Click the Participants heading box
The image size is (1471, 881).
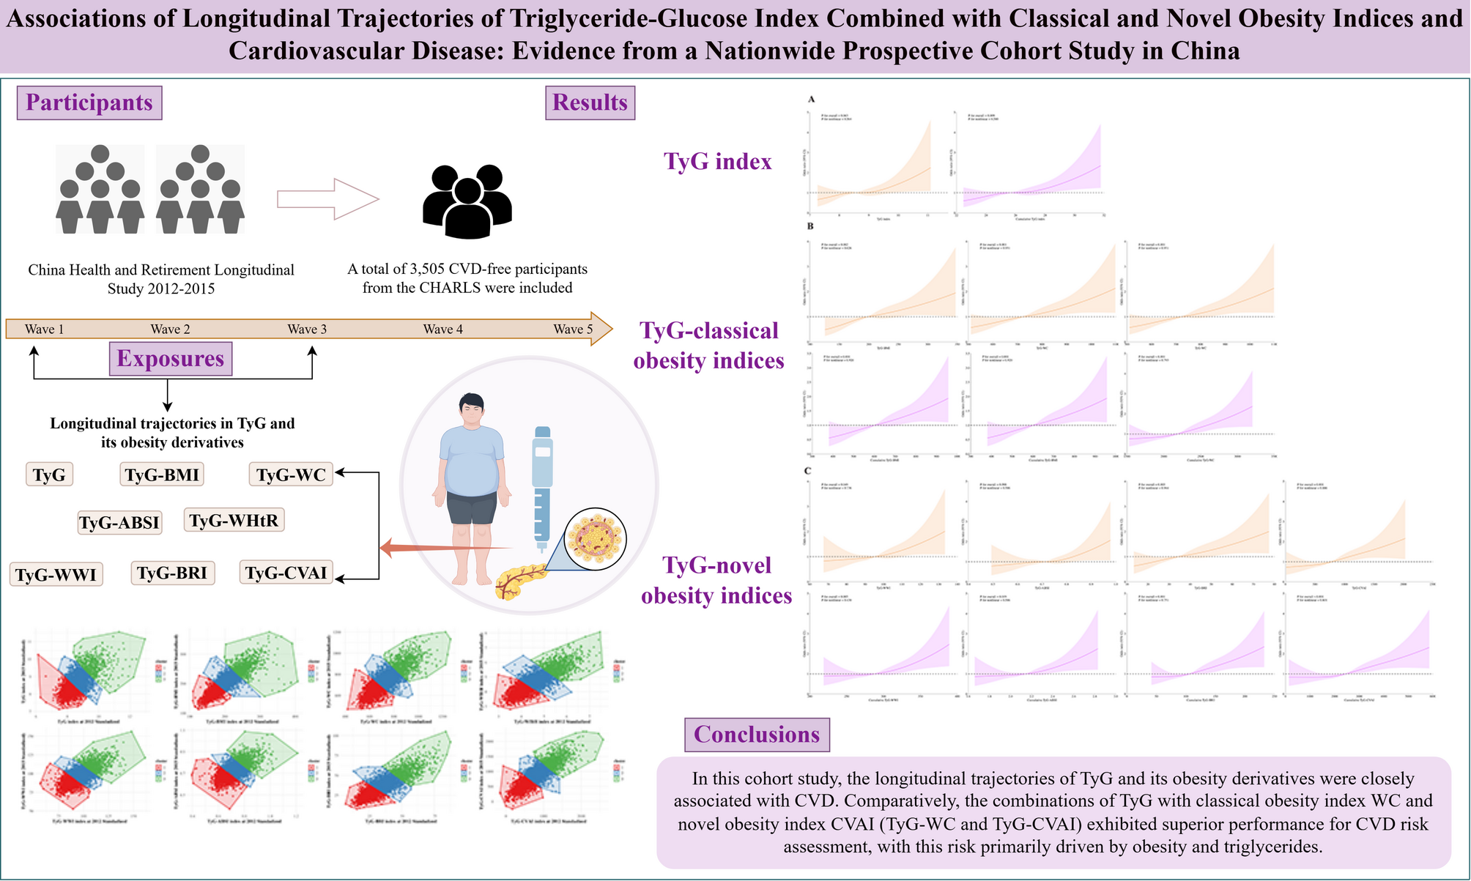coord(89,103)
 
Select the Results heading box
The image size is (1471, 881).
coord(590,103)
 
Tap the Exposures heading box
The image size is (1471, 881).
coord(170,359)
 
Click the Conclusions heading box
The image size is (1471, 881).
coord(756,735)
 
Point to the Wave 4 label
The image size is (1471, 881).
coord(443,330)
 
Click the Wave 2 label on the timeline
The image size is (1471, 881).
coord(170,330)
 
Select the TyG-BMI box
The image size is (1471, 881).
coord(162,475)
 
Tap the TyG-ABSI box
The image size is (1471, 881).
coord(119,523)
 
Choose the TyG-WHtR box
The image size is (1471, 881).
coord(234,520)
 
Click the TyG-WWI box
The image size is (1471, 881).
coord(56,575)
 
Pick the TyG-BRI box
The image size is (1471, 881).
coord(172,573)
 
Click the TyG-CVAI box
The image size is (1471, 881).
coord(286,573)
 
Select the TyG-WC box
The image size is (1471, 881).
coord(291,475)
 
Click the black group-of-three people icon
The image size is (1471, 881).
coord(467,201)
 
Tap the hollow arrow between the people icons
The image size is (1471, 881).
coord(328,198)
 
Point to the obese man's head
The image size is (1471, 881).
coord(471,412)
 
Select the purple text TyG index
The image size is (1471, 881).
coord(717,161)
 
